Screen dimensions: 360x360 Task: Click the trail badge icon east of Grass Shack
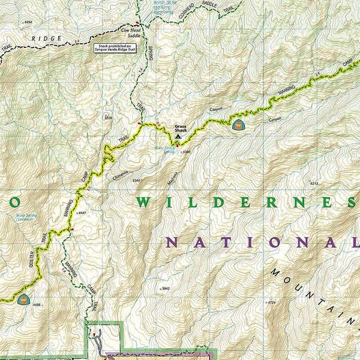click(x=238, y=125)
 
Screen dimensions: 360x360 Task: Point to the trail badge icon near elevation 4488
click(x=23, y=299)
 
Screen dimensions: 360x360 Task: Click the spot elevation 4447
click(x=82, y=213)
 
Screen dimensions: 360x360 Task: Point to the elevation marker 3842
click(x=166, y=289)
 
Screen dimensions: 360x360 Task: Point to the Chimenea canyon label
click(x=121, y=175)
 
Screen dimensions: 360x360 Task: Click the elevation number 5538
click(x=108, y=118)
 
